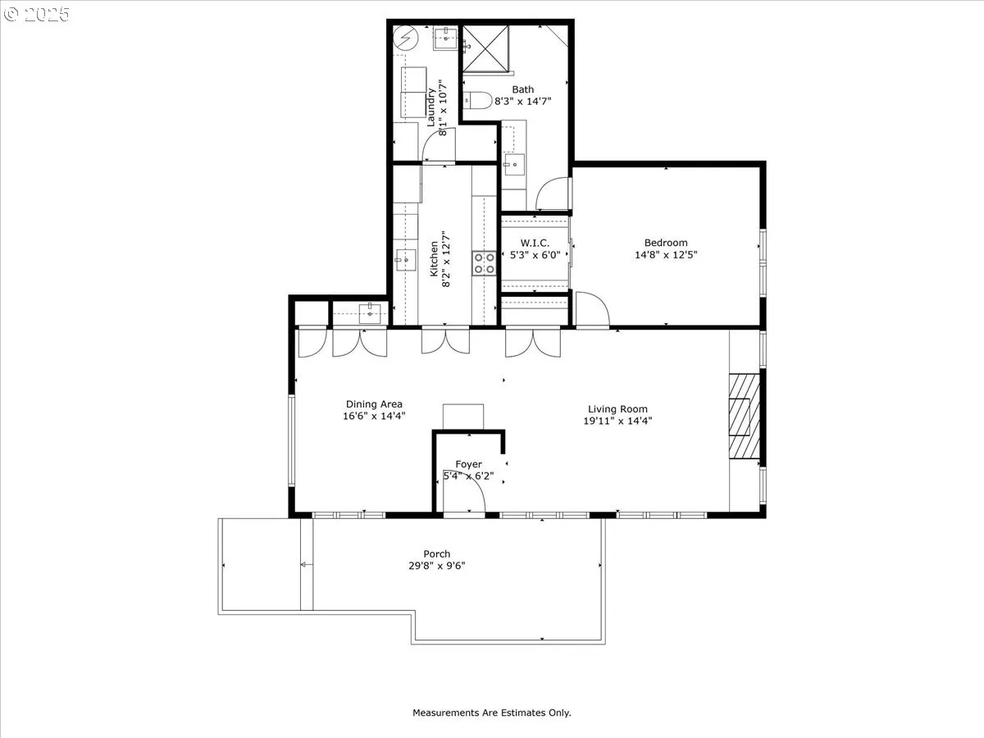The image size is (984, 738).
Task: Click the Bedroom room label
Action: pos(666,243)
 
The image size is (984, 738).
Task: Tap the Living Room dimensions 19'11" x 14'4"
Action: pos(617,421)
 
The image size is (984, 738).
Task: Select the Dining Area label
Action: pos(374,404)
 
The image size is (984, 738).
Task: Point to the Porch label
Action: pos(436,553)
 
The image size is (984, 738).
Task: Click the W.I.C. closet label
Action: pos(535,244)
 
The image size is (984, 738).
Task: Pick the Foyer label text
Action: pos(468,464)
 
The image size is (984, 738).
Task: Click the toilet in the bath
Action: pos(477,100)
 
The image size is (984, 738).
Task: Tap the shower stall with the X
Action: pos(486,49)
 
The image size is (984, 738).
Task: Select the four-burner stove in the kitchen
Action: pos(484,263)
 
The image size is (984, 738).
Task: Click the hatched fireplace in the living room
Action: pos(745,417)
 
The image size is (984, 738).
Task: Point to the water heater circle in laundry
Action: pos(406,38)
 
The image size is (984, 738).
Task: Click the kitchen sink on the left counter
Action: pos(405,260)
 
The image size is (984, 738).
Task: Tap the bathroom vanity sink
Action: pos(514,165)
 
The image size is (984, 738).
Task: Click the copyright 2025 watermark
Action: pos(36,14)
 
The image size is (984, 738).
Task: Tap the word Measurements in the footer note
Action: pos(446,713)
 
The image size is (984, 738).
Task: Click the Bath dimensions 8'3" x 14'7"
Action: pos(522,101)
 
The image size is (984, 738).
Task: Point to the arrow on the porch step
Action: pos(307,565)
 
